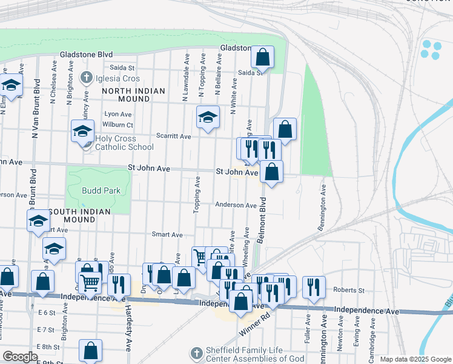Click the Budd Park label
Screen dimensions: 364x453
pos(101,190)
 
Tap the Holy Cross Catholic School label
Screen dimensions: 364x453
pos(124,143)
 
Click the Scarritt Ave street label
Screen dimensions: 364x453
pos(173,136)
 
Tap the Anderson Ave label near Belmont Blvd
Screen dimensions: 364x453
pos(236,205)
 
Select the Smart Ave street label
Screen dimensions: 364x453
pos(167,234)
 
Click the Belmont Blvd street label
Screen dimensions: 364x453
pos(262,220)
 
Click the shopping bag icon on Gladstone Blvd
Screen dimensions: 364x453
pos(263,58)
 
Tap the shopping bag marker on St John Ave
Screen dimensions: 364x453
pos(272,172)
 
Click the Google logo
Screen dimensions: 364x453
pos(20,357)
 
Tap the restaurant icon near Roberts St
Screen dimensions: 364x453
pos(314,286)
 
